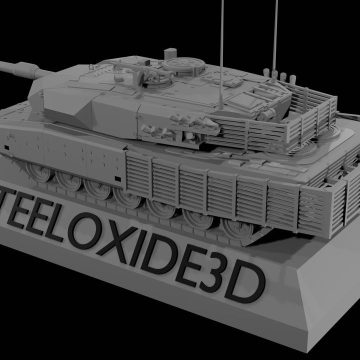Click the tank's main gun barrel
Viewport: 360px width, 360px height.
point(20,68)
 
